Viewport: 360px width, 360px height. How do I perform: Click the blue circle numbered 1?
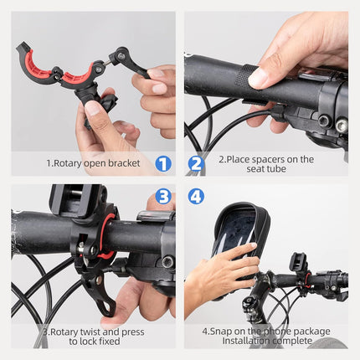point(163,164)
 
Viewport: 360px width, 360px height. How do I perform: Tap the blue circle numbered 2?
point(196,164)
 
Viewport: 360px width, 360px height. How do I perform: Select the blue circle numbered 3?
point(163,197)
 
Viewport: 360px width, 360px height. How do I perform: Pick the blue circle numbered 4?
point(196,197)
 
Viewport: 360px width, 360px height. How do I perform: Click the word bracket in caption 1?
point(126,164)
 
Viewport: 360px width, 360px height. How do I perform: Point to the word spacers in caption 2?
point(265,159)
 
